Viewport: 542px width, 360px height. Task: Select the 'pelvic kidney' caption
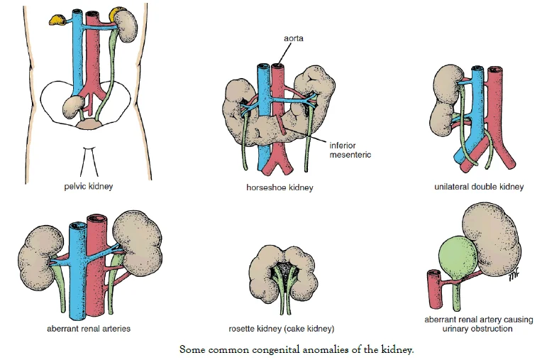tap(87, 187)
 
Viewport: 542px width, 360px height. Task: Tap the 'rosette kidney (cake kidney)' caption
tap(281, 329)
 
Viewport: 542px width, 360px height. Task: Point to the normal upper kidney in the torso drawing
tap(126, 28)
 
